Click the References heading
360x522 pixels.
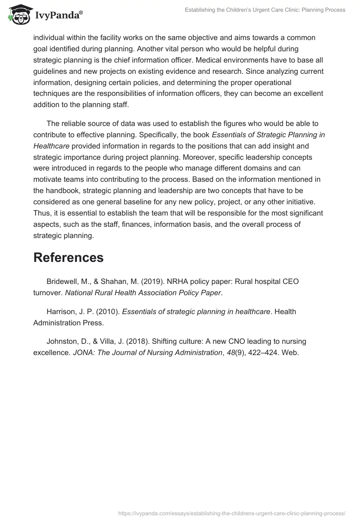[x=68, y=257]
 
